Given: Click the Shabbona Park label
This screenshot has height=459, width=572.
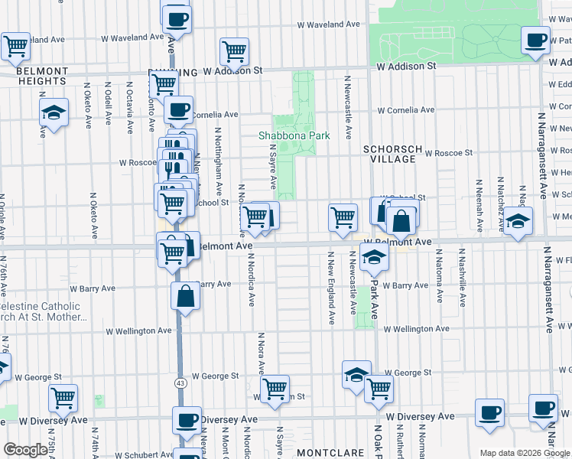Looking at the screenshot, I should [294, 135].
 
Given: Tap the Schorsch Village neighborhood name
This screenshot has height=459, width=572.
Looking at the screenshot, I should [389, 154].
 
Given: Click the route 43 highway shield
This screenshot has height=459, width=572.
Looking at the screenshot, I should [180, 382].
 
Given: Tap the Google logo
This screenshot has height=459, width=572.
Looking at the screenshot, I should [25, 450].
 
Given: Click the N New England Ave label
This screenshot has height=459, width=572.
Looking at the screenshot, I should [332, 286].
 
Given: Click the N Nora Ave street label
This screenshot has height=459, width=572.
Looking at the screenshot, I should [261, 352].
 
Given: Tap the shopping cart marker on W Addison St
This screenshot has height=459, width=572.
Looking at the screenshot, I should [234, 51].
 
